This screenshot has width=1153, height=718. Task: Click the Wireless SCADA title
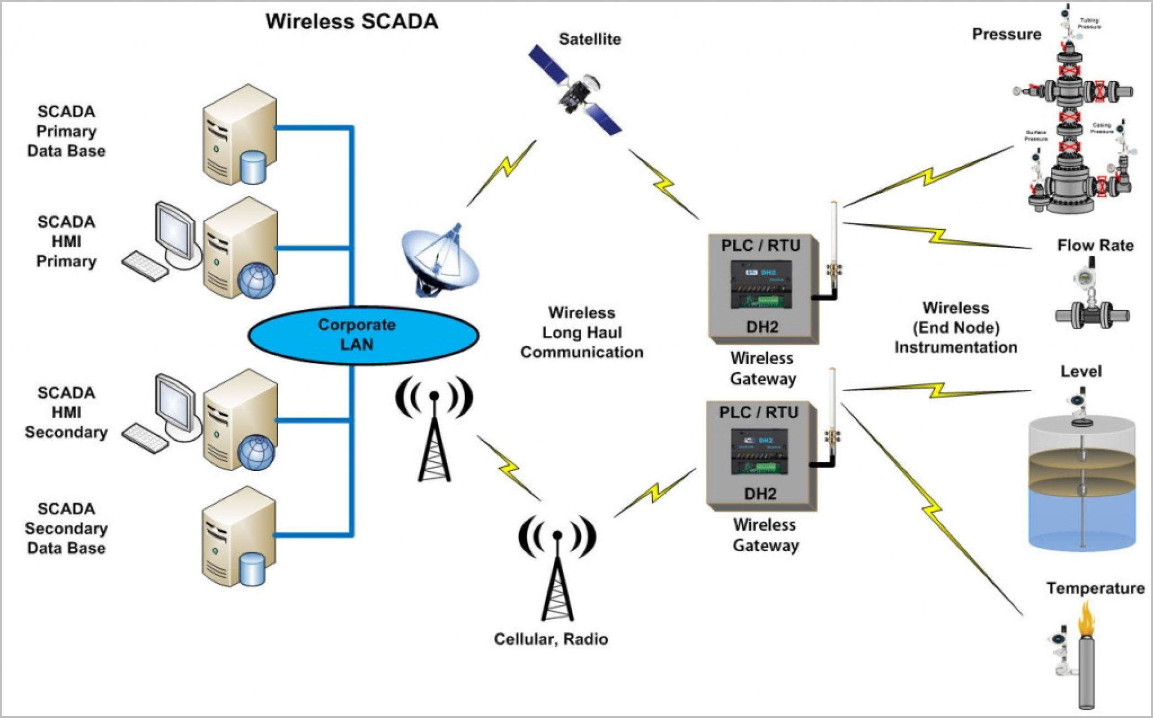(x=352, y=22)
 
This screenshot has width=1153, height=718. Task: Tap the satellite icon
(x=575, y=91)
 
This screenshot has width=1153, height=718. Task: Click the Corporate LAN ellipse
(x=363, y=335)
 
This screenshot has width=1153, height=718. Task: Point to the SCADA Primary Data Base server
(x=239, y=135)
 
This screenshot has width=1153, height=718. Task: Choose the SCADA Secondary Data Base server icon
(x=239, y=537)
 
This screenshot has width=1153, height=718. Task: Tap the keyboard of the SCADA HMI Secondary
(x=145, y=439)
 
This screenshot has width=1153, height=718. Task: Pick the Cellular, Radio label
(x=551, y=639)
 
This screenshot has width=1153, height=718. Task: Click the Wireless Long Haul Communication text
(x=581, y=332)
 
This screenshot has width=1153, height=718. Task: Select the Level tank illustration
(x=1082, y=481)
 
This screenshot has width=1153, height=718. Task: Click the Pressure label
(x=1006, y=34)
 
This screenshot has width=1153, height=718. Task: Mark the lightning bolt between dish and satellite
(x=503, y=172)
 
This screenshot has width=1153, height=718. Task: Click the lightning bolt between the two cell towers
(x=509, y=468)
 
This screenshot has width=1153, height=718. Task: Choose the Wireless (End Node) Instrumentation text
(x=956, y=328)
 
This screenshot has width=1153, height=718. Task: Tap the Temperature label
(x=1095, y=588)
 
